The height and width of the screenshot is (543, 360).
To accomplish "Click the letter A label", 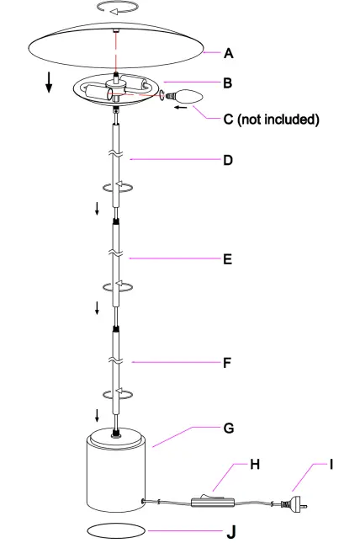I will (x=228, y=53).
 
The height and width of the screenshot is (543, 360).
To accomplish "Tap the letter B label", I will (x=228, y=83).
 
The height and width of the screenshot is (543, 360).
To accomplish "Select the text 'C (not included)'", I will (x=271, y=120).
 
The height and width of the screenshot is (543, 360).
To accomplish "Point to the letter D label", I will (x=228, y=159).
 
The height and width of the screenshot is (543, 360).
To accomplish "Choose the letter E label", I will (x=227, y=260).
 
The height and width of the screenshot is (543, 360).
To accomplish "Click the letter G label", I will (x=228, y=428).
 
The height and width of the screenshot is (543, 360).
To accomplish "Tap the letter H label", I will (x=254, y=464).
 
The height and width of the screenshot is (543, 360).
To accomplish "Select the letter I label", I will (x=331, y=464).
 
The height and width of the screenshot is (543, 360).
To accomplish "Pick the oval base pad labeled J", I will (x=116, y=531).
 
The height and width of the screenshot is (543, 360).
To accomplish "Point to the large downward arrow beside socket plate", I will (x=50, y=82).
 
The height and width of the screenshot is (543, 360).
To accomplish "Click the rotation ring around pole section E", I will (x=117, y=286).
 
